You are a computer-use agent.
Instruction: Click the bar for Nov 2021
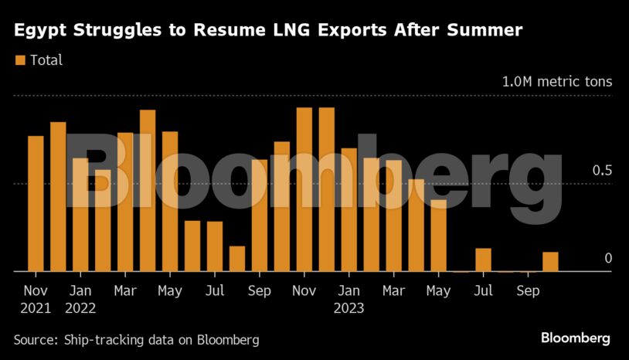click(x=36, y=204)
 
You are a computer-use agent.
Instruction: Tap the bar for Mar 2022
click(x=125, y=202)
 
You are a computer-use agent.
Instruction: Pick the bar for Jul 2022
click(x=215, y=246)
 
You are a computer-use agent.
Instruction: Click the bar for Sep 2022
click(x=260, y=216)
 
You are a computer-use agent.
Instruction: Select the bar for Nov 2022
click(x=304, y=189)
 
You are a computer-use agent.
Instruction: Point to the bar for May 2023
click(x=439, y=236)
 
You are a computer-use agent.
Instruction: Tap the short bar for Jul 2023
click(x=484, y=260)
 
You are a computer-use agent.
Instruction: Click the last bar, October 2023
click(x=551, y=262)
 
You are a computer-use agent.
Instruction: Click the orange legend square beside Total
click(x=20, y=59)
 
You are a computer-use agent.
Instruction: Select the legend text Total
click(x=46, y=59)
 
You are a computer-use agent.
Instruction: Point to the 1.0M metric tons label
click(x=557, y=81)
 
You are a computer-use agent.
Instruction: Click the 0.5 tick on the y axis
click(x=603, y=170)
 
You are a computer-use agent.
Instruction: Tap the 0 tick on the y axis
click(x=608, y=258)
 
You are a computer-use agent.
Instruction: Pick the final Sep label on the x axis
click(x=529, y=291)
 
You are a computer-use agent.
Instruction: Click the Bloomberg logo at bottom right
click(x=576, y=338)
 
